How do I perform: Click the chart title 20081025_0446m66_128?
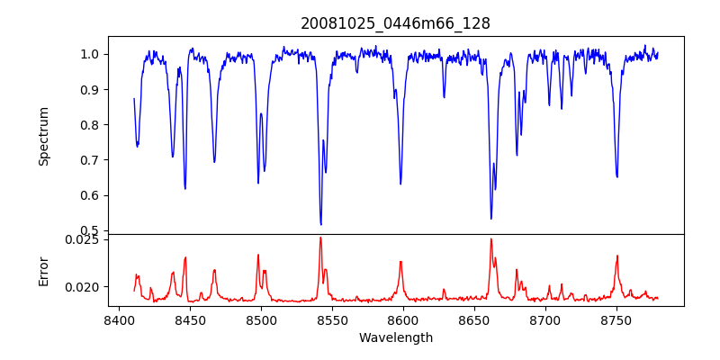(396, 23)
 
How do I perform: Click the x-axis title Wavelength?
(396, 337)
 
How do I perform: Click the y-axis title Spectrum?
(43, 136)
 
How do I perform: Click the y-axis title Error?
(43, 270)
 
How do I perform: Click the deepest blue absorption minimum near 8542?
(320, 224)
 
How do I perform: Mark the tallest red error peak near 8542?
(320, 238)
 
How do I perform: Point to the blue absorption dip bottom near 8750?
(616, 176)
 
